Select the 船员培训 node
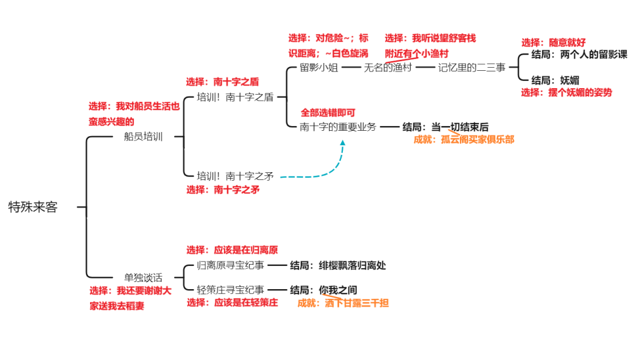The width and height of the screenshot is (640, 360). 143,137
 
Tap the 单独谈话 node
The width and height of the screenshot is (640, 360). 143,277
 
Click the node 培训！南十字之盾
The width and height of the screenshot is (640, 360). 235,97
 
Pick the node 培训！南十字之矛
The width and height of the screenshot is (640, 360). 235,176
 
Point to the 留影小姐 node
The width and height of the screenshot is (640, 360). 319,68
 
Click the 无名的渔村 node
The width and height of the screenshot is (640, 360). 388,68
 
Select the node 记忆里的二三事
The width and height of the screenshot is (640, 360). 472,68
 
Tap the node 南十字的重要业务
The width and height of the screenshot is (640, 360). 338,127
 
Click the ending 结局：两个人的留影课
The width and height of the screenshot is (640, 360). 579,55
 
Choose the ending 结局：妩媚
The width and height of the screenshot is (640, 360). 555,80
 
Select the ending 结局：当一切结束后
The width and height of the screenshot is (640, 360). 445,127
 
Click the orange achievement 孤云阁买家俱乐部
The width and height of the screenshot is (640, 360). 464,139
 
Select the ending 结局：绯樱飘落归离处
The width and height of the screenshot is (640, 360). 338,265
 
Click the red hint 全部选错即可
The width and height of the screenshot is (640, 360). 328,113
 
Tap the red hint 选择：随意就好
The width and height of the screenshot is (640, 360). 553,43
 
